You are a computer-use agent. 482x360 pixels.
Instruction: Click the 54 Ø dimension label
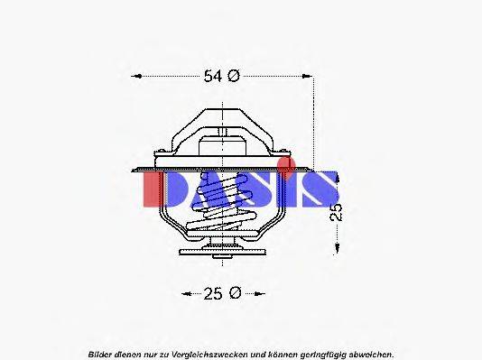point(220,77)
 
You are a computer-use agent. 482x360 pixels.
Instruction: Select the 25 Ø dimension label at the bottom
point(220,292)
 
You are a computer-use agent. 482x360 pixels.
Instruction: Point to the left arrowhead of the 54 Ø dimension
point(135,77)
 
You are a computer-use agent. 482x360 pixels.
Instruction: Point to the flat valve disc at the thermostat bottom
point(222,249)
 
